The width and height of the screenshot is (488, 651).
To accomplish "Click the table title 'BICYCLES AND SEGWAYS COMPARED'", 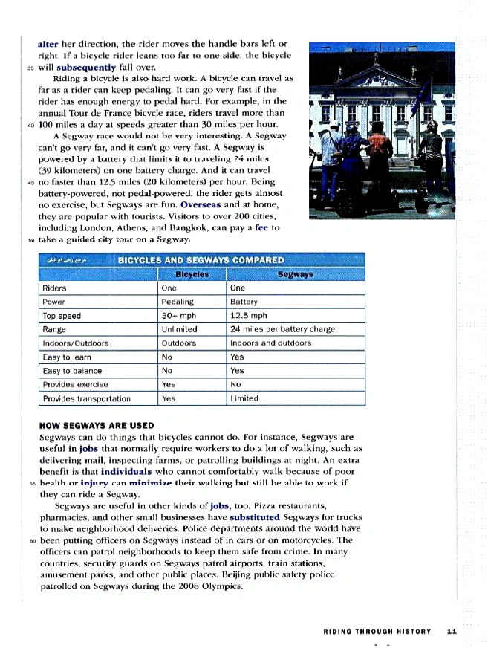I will pos(201,260).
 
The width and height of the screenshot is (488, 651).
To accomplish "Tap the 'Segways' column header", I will pos(295,274).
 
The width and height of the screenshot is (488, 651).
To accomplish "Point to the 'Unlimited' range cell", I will pos(179,329).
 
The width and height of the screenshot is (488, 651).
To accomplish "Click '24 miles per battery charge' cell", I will pos(282,329).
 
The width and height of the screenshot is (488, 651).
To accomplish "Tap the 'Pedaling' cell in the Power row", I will pos(177,302).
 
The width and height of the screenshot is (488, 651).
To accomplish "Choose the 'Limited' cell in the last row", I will pos(244,398).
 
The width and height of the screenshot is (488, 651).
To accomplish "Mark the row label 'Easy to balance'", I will pos(73,371).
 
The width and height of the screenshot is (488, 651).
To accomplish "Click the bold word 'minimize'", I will pos(154,482).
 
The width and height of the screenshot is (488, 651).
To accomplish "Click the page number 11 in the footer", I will pos(451,631).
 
